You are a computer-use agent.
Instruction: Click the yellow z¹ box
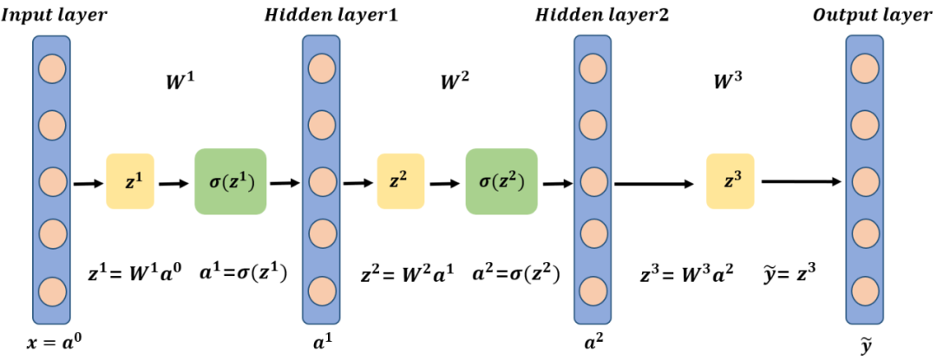129,182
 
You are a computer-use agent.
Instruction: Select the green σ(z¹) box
230,182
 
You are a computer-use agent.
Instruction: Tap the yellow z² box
400,182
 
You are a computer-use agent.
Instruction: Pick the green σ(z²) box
501,182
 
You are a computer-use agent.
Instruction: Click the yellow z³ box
730,181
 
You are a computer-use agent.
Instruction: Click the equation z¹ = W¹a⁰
135,273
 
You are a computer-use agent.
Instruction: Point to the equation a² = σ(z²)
514,273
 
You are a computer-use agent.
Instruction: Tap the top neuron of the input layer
51,67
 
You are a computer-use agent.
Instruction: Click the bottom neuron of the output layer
865,289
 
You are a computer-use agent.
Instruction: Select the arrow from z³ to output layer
802,181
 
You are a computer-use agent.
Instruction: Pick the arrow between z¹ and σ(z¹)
173,183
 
